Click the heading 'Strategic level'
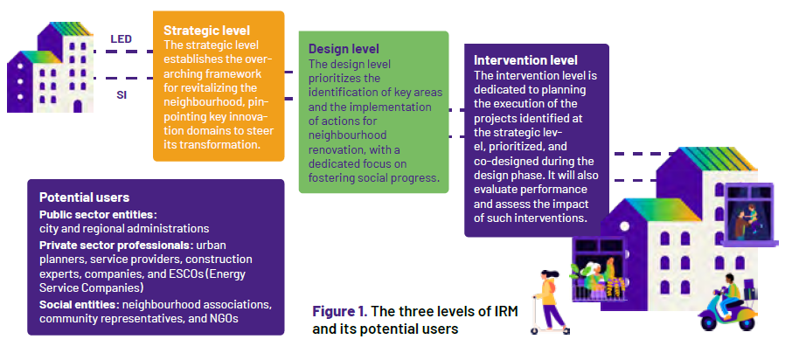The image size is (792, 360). click(x=206, y=31)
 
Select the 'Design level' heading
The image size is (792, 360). click(x=344, y=49)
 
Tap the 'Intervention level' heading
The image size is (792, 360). click(x=525, y=60)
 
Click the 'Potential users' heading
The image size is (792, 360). click(x=84, y=197)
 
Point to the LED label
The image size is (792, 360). click(x=122, y=38)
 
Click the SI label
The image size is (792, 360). click(x=122, y=94)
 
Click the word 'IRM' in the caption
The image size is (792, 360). click(x=506, y=311)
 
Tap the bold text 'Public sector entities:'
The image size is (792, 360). click(x=99, y=214)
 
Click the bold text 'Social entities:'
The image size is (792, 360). click(x=80, y=305)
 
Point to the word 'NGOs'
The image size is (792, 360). click(x=222, y=319)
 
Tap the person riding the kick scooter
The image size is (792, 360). click(x=550, y=301)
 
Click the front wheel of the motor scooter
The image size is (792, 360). click(x=747, y=322)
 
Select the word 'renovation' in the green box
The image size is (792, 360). click(x=336, y=150)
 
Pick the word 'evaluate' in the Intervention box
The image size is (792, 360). click(x=495, y=190)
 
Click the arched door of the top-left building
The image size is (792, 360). click(x=77, y=106)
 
